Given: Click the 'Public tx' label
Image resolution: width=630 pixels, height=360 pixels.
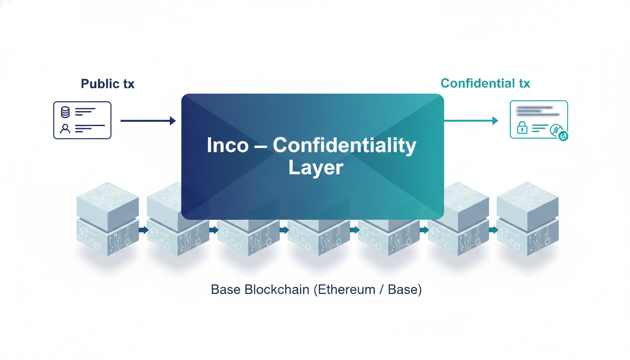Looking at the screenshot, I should pos(107,84).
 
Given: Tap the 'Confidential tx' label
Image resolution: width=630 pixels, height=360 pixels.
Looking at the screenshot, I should pos(485,83).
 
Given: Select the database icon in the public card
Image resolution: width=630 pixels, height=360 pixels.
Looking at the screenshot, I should pos(65,112).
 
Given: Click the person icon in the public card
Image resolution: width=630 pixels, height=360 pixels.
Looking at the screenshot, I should pos(65,128).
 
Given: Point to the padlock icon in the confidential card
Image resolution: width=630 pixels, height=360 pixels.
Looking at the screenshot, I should pos(522,128).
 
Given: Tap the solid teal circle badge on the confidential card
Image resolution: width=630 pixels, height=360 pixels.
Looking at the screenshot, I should pos(563,136).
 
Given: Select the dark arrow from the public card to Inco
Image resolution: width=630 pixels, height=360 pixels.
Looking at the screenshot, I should pos(148,121).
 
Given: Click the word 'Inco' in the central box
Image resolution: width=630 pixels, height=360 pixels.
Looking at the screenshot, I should pos(227,146).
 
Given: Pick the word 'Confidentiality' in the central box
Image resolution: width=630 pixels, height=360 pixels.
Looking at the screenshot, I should pos(345,146).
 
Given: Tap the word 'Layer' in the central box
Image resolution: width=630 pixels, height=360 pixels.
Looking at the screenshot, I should pos(315,167).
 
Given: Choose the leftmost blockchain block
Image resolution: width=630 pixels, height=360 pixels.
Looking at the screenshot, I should pos(107,218).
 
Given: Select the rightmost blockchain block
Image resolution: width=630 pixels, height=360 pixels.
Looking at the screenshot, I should pos(527,218).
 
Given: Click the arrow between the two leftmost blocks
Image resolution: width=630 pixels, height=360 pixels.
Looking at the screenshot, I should pos(143,230).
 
